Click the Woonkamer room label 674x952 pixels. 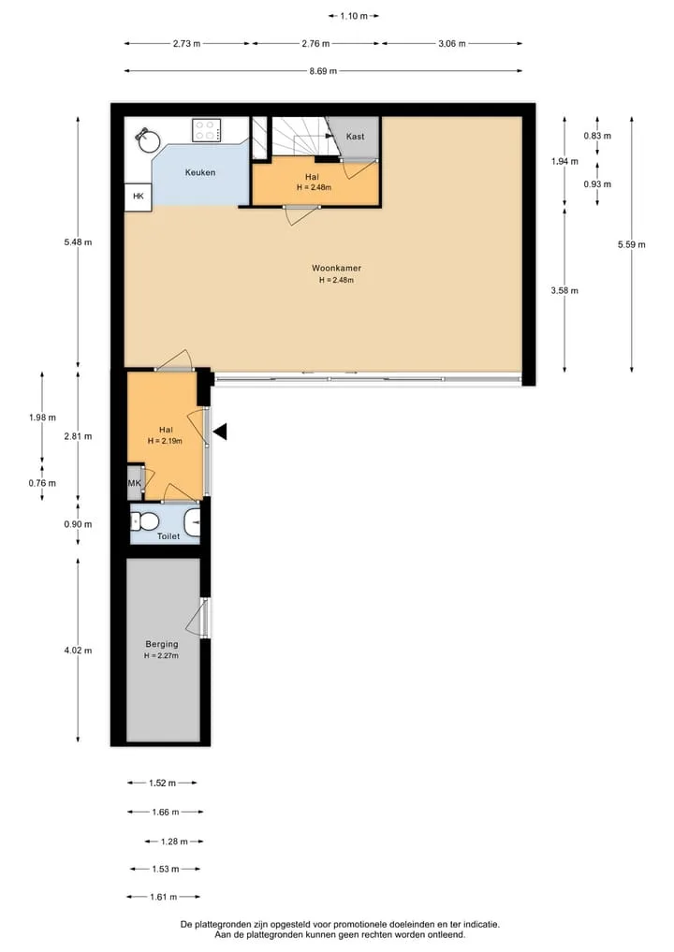(x=336, y=268)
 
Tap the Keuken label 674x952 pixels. (x=200, y=172)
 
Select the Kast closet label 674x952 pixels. (x=355, y=136)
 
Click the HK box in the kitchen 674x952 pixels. (x=138, y=197)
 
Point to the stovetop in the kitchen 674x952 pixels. (x=207, y=130)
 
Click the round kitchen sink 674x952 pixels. (x=148, y=141)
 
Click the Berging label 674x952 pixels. (x=162, y=644)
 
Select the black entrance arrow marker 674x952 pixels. (x=219, y=432)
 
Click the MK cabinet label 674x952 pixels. (x=134, y=483)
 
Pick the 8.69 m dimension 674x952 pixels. (x=322, y=71)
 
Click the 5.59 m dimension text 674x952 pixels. (x=632, y=244)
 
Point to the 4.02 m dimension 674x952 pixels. (x=78, y=651)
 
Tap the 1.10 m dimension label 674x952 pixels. (x=354, y=17)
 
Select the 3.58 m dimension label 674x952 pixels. (x=564, y=291)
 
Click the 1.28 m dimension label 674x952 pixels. (x=174, y=842)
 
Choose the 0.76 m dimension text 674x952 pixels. (x=42, y=483)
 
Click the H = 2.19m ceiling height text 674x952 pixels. (x=165, y=441)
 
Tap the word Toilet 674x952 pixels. (x=168, y=536)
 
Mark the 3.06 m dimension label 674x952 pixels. (x=452, y=44)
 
